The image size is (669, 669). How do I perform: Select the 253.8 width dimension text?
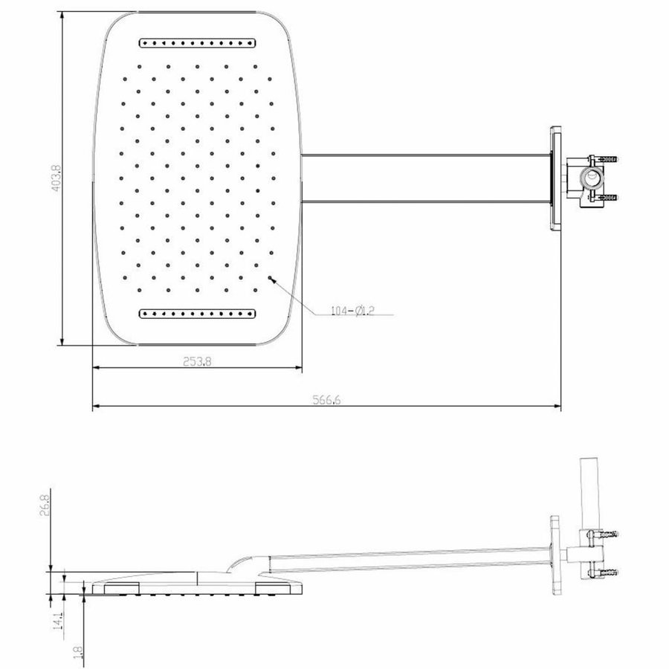tap(197, 362)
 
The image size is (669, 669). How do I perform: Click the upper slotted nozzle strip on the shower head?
tap(198, 42)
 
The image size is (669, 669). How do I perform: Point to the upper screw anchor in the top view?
tap(610, 159)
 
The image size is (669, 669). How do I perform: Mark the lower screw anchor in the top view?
tap(610, 197)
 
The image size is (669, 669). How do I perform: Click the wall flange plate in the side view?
tap(555, 554)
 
